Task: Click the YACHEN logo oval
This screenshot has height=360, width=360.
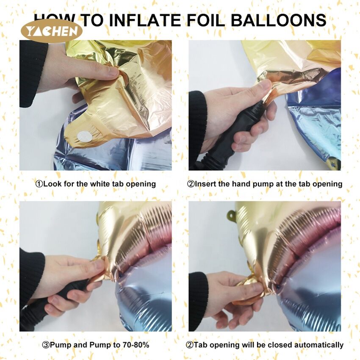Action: [51, 31]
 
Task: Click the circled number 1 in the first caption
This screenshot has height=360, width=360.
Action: [39, 184]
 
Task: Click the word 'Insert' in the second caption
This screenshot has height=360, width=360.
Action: [205, 184]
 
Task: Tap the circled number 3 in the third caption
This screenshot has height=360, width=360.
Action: [46, 345]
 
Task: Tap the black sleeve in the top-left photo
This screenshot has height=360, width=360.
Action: [32, 73]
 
